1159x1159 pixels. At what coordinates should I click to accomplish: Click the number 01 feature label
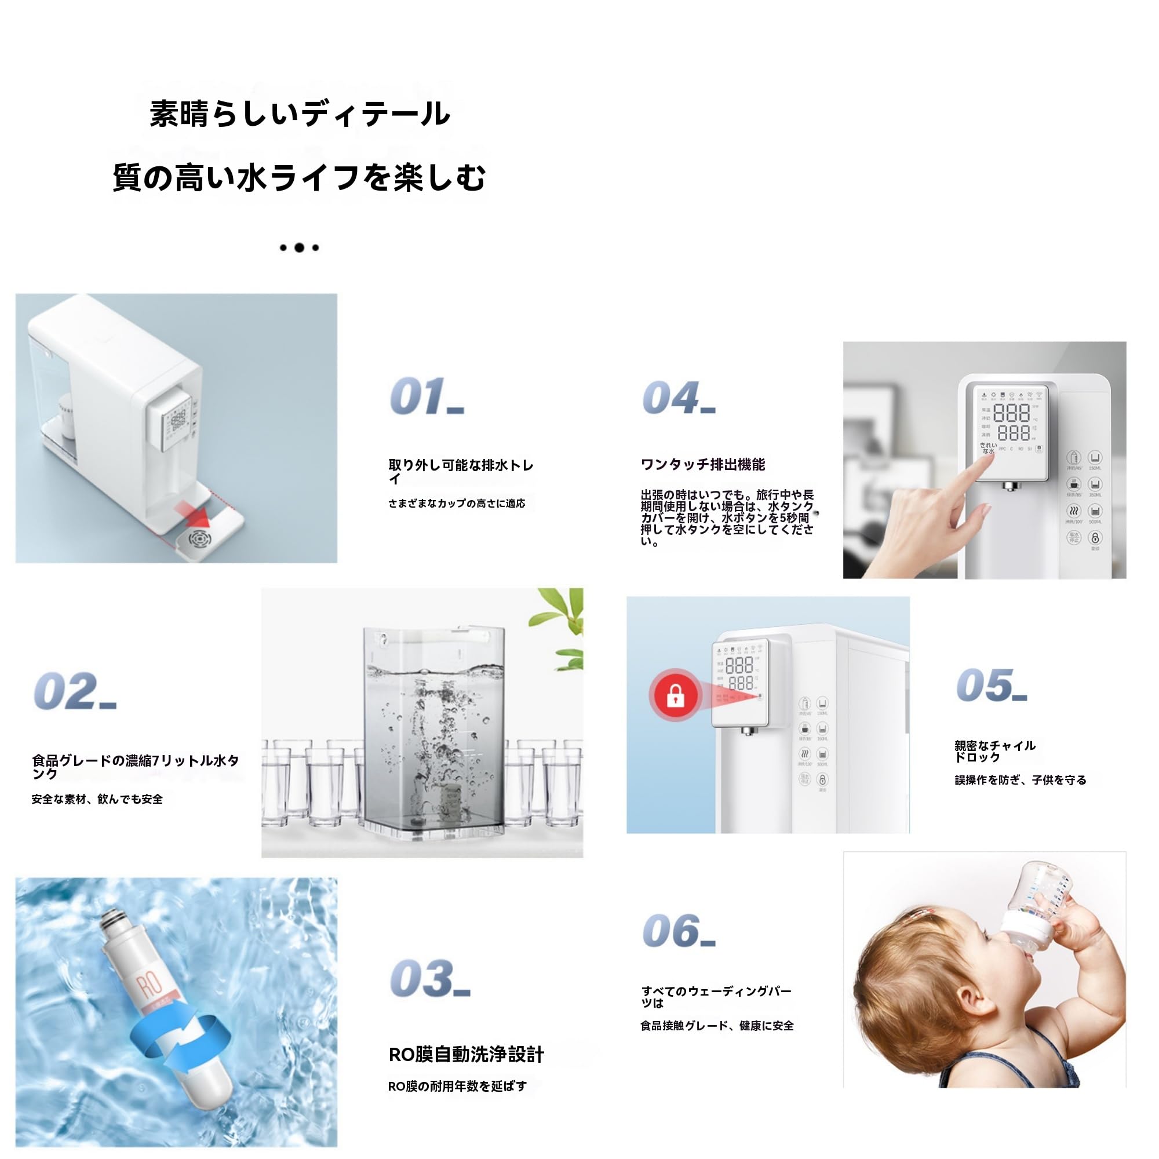click(426, 396)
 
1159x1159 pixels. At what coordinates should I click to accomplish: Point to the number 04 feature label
click(678, 398)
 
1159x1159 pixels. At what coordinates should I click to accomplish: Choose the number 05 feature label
click(991, 685)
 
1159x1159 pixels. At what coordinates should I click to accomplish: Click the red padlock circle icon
click(676, 696)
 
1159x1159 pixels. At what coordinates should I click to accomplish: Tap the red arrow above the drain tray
click(193, 514)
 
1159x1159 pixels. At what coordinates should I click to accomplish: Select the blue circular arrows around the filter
click(180, 1044)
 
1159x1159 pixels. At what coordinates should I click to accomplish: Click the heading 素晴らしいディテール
click(300, 114)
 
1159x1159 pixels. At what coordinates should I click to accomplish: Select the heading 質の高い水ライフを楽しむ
click(300, 178)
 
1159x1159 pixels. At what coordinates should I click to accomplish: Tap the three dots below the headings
click(300, 247)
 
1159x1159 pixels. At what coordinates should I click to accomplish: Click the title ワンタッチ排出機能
click(703, 464)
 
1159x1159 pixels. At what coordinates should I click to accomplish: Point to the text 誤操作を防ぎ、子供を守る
click(1020, 780)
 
